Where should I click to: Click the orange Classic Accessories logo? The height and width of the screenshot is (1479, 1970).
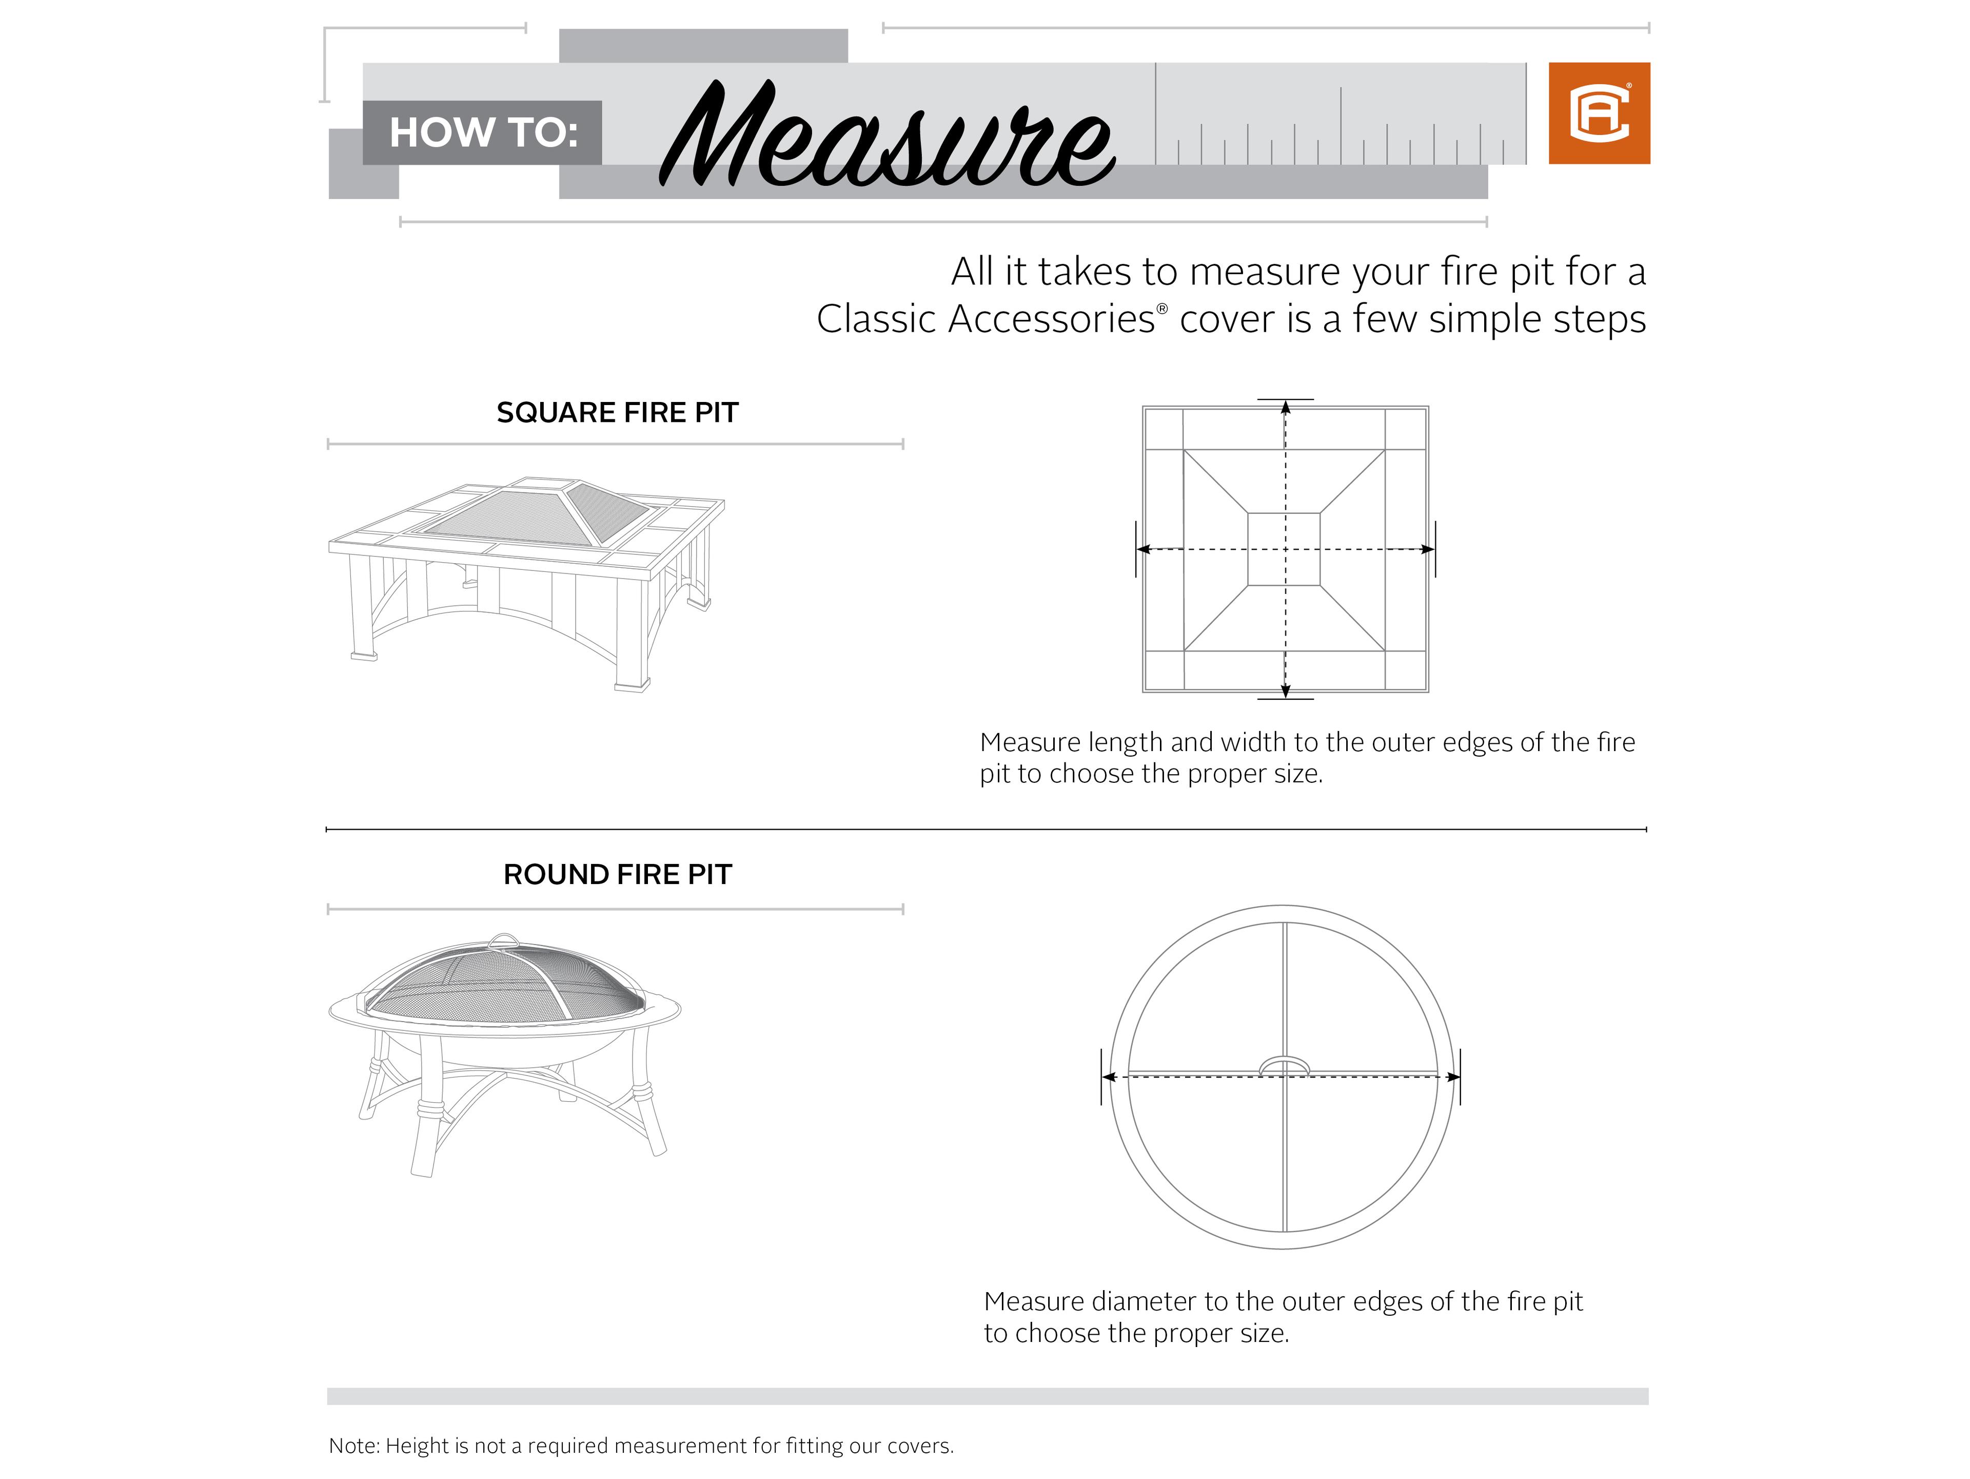tap(1599, 113)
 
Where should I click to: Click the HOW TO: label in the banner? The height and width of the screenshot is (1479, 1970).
tap(483, 133)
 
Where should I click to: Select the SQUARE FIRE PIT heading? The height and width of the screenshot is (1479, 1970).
tap(617, 413)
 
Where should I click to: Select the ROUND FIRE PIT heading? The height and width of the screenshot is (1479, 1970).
tap(617, 874)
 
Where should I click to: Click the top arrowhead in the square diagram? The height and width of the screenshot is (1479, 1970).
tap(1285, 408)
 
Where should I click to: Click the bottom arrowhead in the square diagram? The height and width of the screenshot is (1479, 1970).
tap(1285, 690)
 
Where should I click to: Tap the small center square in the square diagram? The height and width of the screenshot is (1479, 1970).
tap(1284, 549)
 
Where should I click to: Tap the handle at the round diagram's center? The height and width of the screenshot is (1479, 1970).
tap(1284, 1065)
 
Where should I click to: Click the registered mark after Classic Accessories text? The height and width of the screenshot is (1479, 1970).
tap(1161, 308)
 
